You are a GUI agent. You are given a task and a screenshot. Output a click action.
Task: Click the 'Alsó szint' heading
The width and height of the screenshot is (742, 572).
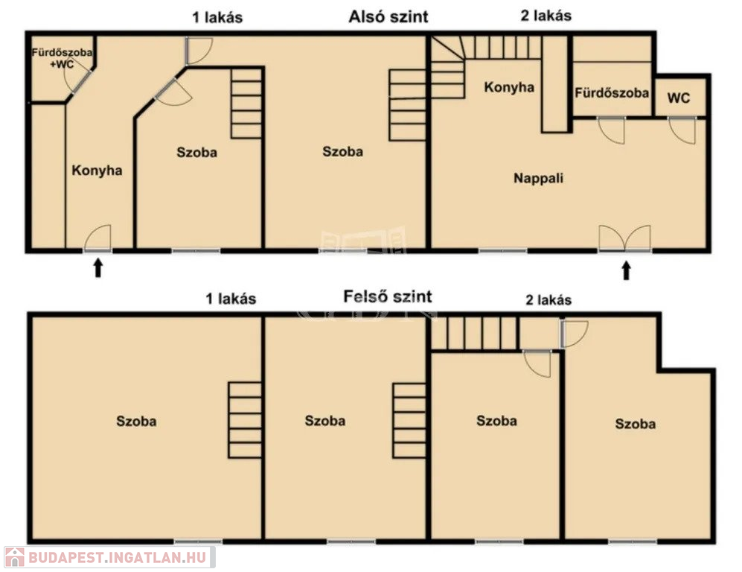tap(388, 17)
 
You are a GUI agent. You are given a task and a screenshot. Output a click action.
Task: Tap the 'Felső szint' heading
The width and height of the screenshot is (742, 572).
tap(387, 297)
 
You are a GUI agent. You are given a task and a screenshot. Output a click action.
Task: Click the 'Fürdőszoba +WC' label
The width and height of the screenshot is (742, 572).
tap(62, 58)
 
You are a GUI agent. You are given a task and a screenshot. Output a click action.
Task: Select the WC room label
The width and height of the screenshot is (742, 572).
tap(679, 98)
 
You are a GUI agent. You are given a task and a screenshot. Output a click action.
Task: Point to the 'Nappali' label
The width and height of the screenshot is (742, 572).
tap(539, 178)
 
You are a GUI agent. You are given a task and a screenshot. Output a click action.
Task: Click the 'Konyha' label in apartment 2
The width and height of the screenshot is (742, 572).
tap(509, 87)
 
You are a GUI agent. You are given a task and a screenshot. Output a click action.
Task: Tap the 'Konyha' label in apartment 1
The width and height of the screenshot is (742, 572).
tap(97, 171)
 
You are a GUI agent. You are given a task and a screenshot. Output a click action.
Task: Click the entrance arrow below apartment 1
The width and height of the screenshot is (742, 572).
tap(98, 267)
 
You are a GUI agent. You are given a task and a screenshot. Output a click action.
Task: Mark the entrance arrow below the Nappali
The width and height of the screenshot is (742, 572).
tap(627, 271)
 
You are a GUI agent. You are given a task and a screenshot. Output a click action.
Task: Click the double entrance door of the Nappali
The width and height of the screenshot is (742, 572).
tap(624, 238)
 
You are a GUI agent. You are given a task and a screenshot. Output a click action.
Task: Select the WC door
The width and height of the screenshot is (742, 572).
tap(682, 130)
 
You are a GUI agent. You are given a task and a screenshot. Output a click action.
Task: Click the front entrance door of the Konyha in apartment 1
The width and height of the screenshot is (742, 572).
tap(98, 238)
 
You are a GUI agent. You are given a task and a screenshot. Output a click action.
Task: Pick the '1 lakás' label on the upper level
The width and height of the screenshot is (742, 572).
tap(231, 299)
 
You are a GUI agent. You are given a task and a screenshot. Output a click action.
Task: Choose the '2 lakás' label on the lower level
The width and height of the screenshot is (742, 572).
tap(546, 16)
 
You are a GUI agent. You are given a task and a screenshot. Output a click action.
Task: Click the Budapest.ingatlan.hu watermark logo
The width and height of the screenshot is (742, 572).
tap(109, 557)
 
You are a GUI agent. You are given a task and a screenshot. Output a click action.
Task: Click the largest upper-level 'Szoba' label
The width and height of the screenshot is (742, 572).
tap(136, 422)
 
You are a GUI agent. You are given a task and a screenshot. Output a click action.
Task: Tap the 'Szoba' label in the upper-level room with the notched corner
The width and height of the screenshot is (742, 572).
tap(636, 424)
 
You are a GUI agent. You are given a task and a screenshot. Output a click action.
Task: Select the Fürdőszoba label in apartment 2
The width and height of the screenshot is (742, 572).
tap(612, 93)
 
